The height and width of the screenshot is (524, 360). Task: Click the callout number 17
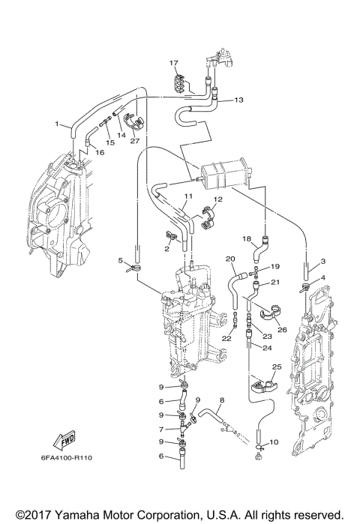pyautogui.click(x=173, y=62)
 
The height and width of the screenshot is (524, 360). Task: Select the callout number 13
pyautogui.click(x=239, y=100)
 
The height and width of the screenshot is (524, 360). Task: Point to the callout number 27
pyautogui.click(x=135, y=140)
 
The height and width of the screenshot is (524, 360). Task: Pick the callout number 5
pyautogui.click(x=121, y=260)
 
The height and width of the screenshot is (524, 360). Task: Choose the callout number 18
pyautogui.click(x=247, y=238)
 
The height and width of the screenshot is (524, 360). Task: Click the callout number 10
pyautogui.click(x=274, y=442)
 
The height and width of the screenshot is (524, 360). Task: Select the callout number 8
pyautogui.click(x=222, y=402)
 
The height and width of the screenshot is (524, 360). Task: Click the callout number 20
pyautogui.click(x=231, y=259)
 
